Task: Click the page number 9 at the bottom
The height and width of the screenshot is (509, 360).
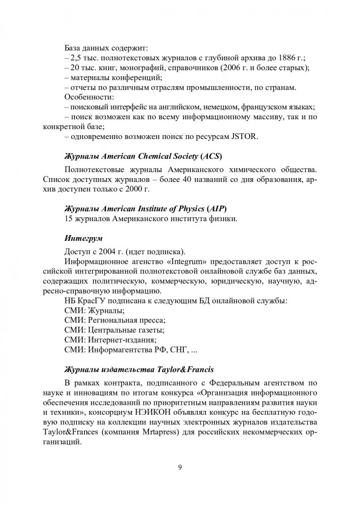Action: (x=180, y=468)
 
